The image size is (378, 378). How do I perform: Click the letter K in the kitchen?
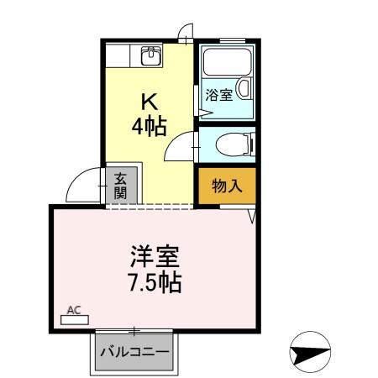pyautogui.click(x=149, y=102)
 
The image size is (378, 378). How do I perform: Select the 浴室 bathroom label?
pyautogui.click(x=218, y=95)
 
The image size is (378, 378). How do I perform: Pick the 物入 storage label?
pyautogui.click(x=227, y=186)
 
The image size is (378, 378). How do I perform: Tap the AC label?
pyautogui.click(x=74, y=312)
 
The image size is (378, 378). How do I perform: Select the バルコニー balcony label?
pyautogui.click(x=135, y=350)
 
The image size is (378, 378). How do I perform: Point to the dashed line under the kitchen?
pyautogui.click(x=151, y=207)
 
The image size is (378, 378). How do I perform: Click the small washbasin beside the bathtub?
pyautogui.click(x=244, y=88)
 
